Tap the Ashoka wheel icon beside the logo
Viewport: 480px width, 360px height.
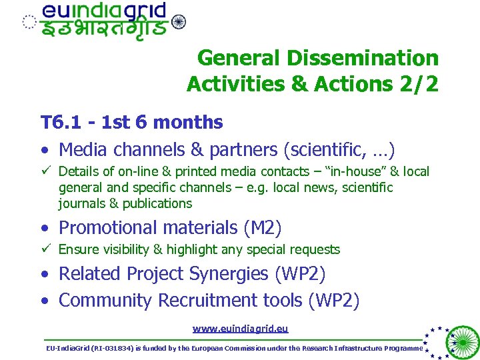[178, 22]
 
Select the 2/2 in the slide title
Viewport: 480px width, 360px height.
[418, 84]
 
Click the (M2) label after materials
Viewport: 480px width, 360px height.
[262, 228]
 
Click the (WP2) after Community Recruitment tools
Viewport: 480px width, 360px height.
[333, 301]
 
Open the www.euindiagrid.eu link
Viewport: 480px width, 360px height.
[240, 329]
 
